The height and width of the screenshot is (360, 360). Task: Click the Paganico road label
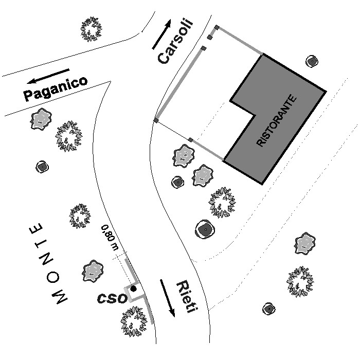56,89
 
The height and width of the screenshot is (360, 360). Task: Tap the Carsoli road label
175,41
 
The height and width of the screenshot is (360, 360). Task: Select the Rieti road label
187,297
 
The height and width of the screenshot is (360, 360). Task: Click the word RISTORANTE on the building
277,120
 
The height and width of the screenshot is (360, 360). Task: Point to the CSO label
112,298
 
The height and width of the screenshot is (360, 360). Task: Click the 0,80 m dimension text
110,238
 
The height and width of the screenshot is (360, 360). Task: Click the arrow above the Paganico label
48,76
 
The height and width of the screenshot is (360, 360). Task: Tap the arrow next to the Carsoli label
162,34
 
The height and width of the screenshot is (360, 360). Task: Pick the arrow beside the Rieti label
167,298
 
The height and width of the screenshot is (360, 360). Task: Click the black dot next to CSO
133,289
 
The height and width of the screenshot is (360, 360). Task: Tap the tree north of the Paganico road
91,29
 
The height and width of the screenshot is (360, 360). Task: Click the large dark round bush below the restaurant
205,229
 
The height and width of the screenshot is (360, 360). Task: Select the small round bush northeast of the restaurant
312,61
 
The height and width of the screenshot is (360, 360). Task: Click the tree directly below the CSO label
134,321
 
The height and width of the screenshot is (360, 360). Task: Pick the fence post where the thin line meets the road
156,120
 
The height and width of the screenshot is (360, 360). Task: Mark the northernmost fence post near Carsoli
217,28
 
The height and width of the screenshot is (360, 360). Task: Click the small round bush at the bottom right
268,309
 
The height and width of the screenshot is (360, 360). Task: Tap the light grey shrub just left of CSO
93,271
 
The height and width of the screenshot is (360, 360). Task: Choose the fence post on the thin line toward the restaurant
191,139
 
